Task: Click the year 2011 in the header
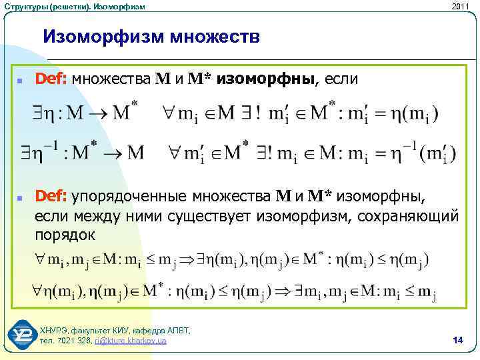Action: coord(460,6)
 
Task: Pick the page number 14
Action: coord(457,341)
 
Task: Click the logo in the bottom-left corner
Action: coord(21,335)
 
